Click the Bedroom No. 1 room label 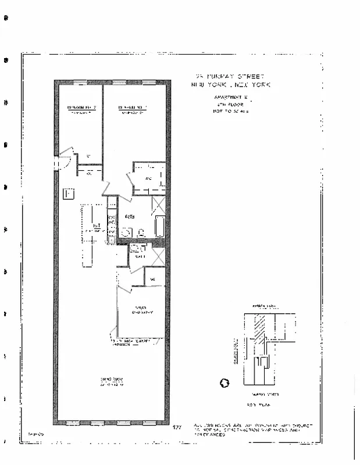click(x=133, y=109)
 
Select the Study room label click(x=140, y=309)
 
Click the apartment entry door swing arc click(x=66, y=158)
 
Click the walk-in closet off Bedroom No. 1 click(x=149, y=178)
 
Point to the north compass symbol click(x=225, y=382)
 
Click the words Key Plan click(x=256, y=403)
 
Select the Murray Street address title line click(x=230, y=77)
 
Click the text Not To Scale click(x=231, y=110)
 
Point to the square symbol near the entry click(x=67, y=193)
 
